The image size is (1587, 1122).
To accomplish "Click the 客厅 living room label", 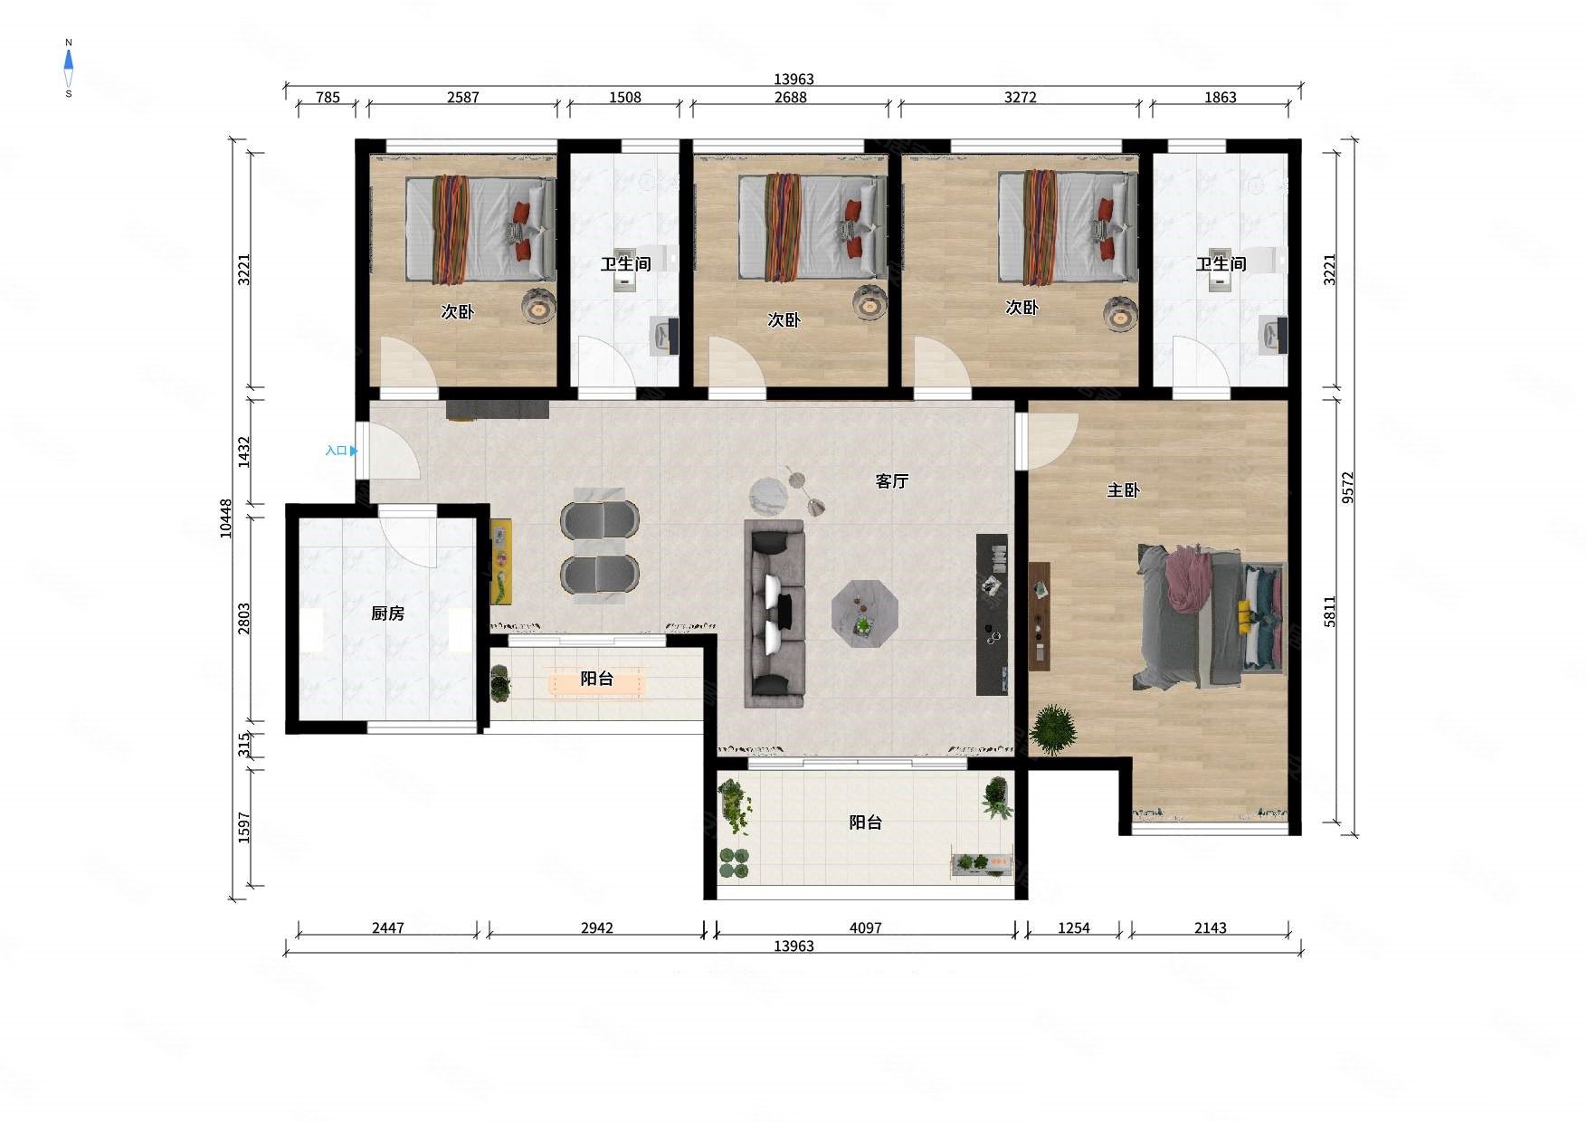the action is pyautogui.click(x=891, y=481).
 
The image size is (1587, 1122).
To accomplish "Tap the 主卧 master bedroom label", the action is pyautogui.click(x=1123, y=490).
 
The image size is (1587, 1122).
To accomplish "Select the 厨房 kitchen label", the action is pyautogui.click(x=387, y=613).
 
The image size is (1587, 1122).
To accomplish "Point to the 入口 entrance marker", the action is pyautogui.click(x=341, y=451).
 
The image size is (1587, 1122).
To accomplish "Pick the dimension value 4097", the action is pyautogui.click(x=865, y=927).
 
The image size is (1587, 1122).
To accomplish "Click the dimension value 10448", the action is pyautogui.click(x=226, y=518).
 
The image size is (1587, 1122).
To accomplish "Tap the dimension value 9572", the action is pyautogui.click(x=1348, y=488).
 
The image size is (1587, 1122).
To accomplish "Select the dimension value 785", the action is pyautogui.click(x=328, y=97).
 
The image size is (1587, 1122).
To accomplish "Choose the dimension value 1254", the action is pyautogui.click(x=1074, y=927).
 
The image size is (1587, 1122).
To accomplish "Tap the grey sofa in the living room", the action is pyautogui.click(x=774, y=613).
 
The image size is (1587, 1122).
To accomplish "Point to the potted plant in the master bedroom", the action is pyautogui.click(x=1053, y=729).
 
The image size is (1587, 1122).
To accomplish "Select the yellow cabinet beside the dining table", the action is pyautogui.click(x=501, y=561).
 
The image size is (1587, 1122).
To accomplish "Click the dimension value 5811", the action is pyautogui.click(x=1330, y=612).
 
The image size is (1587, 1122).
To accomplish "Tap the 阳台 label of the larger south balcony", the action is pyautogui.click(x=865, y=822).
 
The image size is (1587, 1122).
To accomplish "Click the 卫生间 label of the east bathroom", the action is pyautogui.click(x=1221, y=263).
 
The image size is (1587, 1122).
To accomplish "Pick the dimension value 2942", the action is pyautogui.click(x=596, y=927).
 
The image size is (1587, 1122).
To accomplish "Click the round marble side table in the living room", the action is pyautogui.click(x=769, y=495).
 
